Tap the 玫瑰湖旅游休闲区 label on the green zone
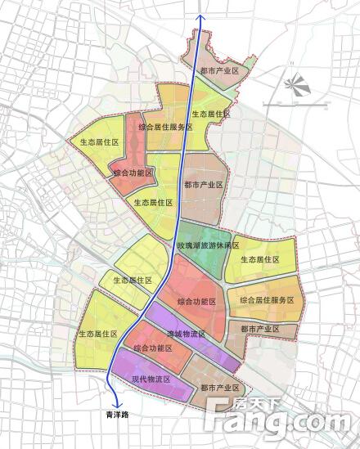pyautogui.click(x=209, y=245)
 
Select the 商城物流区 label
pyautogui.click(x=186, y=334)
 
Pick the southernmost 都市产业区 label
pyautogui.click(x=219, y=386)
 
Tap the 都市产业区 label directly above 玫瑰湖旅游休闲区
pyautogui.click(x=204, y=185)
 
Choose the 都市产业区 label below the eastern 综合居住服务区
pyautogui.click(x=260, y=328)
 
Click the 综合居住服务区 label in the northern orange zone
pyautogui.click(x=165, y=127)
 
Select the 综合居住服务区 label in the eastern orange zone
pyautogui.click(x=267, y=300)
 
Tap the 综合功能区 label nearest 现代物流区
pyautogui.click(x=152, y=348)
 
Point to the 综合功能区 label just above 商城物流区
pyautogui.click(x=195, y=302)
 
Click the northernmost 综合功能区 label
pyautogui.click(x=133, y=173)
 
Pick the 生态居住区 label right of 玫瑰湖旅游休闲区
pyautogui.click(x=260, y=259)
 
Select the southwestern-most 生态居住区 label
pyautogui.click(x=98, y=334)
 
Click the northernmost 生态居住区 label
pyautogui.click(x=212, y=114)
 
